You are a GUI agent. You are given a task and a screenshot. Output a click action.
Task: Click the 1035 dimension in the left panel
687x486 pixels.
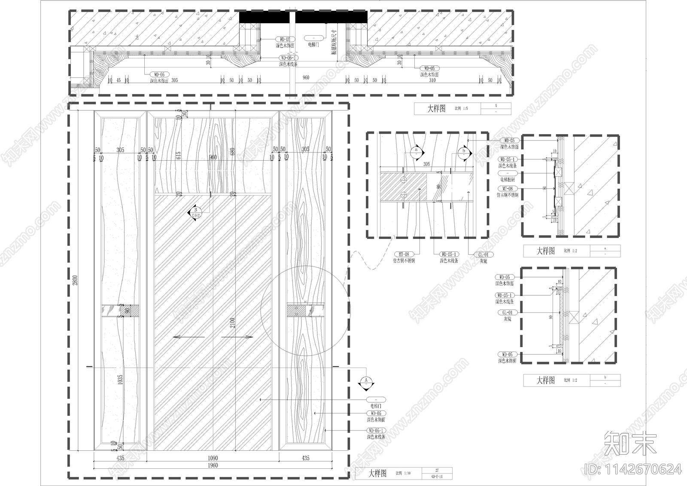(120, 379)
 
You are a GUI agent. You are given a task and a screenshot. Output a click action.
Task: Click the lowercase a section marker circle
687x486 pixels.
(416, 151)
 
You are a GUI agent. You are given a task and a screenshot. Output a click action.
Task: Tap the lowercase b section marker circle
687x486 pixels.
(464, 151)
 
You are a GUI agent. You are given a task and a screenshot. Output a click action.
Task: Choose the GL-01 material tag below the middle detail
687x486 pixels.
(483, 254)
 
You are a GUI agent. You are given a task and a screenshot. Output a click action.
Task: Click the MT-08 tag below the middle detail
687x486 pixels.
(404, 254)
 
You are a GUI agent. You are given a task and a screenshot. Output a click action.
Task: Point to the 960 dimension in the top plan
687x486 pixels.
(306, 78)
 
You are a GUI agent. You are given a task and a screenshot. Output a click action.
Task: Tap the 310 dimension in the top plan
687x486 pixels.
(432, 80)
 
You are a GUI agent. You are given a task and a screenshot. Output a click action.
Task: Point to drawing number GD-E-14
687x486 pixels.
(437, 477)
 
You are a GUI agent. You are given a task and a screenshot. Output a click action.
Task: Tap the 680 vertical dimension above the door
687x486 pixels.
(232, 153)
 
